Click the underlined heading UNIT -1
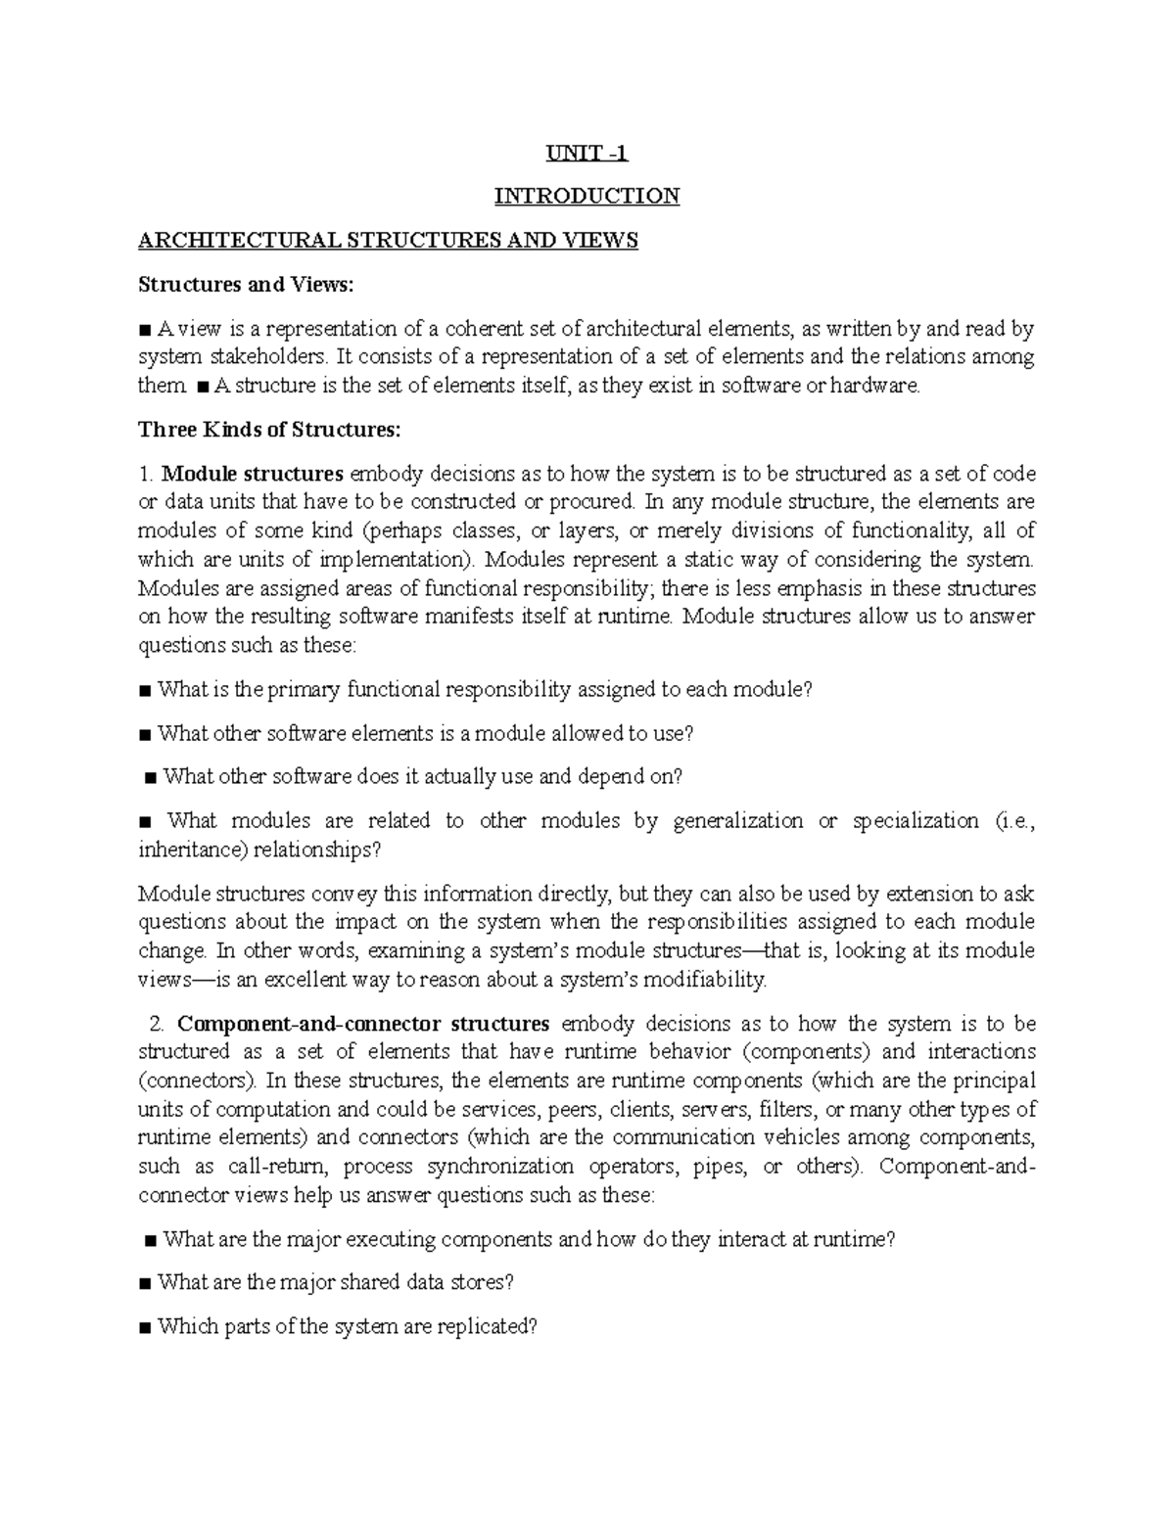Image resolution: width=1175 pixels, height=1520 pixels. click(587, 153)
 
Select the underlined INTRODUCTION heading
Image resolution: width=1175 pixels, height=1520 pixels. click(587, 197)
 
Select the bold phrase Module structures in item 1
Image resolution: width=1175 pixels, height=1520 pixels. click(252, 474)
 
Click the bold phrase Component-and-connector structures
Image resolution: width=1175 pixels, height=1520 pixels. click(363, 1024)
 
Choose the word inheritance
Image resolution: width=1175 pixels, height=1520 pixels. click(191, 850)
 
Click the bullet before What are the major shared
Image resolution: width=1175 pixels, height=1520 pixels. click(145, 1283)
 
